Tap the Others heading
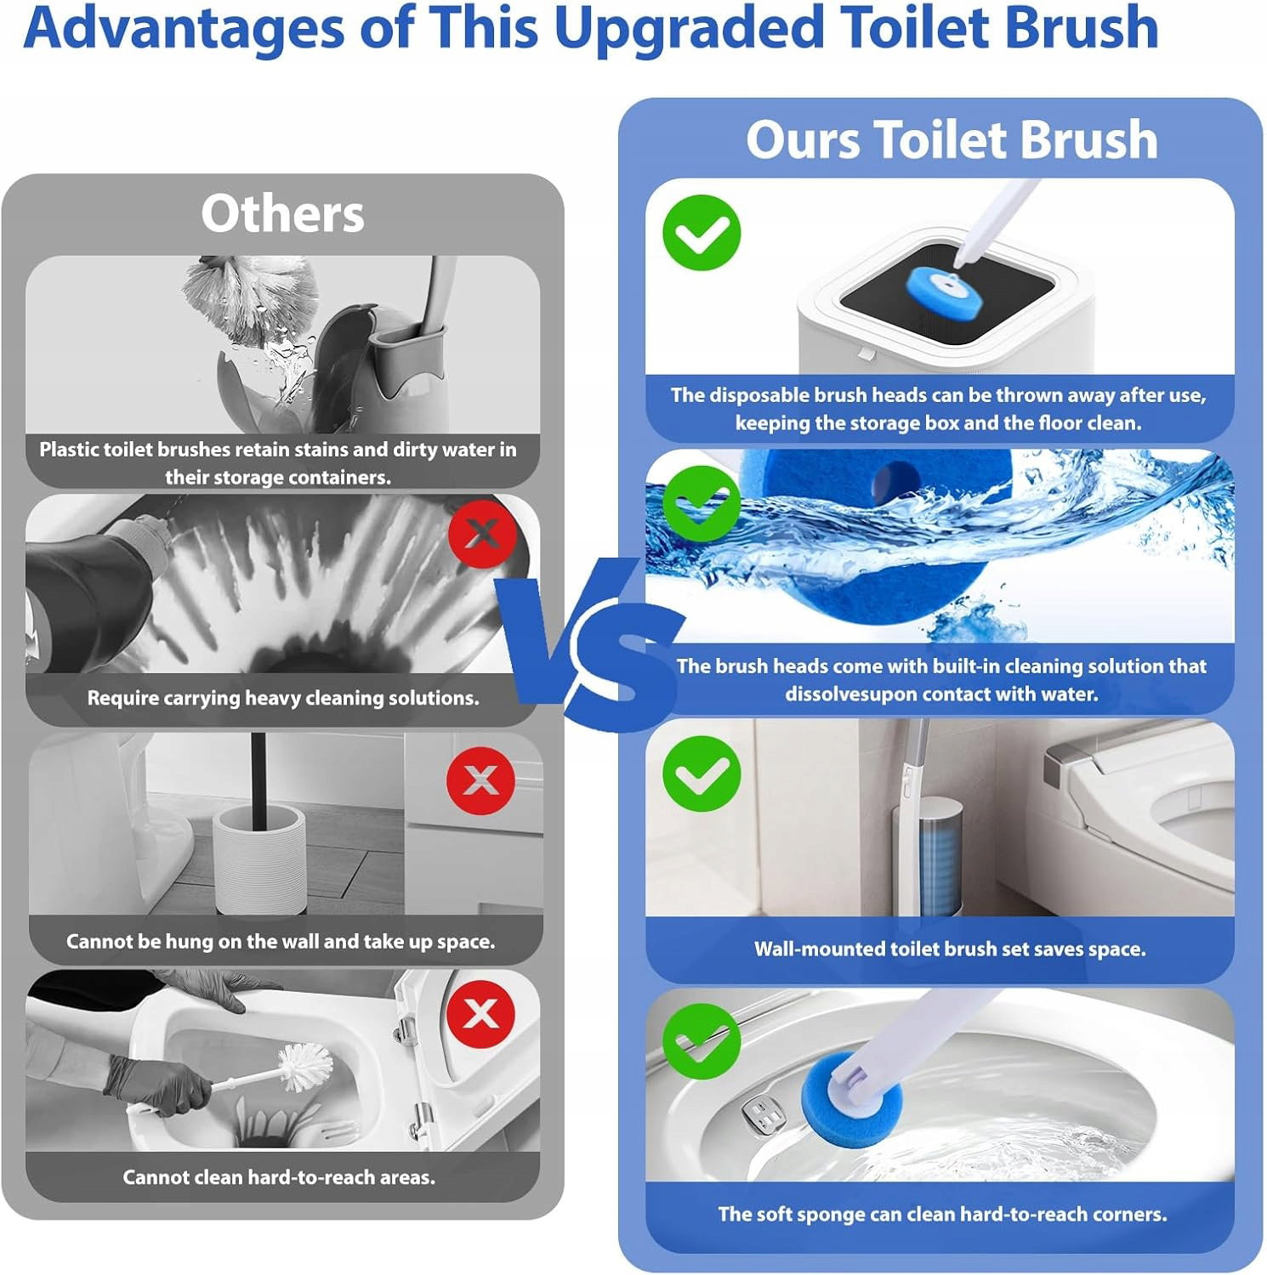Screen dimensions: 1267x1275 (282, 213)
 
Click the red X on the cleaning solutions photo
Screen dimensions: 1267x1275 (482, 534)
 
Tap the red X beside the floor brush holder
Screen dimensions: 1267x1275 (480, 780)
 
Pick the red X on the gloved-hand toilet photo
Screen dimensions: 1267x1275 (480, 1013)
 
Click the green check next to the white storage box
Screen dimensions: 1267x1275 (702, 233)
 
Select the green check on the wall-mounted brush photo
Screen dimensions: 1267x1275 (702, 773)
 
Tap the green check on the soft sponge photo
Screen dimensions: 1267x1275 (702, 1041)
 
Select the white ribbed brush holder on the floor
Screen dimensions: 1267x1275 (258, 859)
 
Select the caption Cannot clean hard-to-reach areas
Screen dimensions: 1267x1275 (279, 1177)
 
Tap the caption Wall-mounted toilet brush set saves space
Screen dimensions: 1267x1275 (950, 949)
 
